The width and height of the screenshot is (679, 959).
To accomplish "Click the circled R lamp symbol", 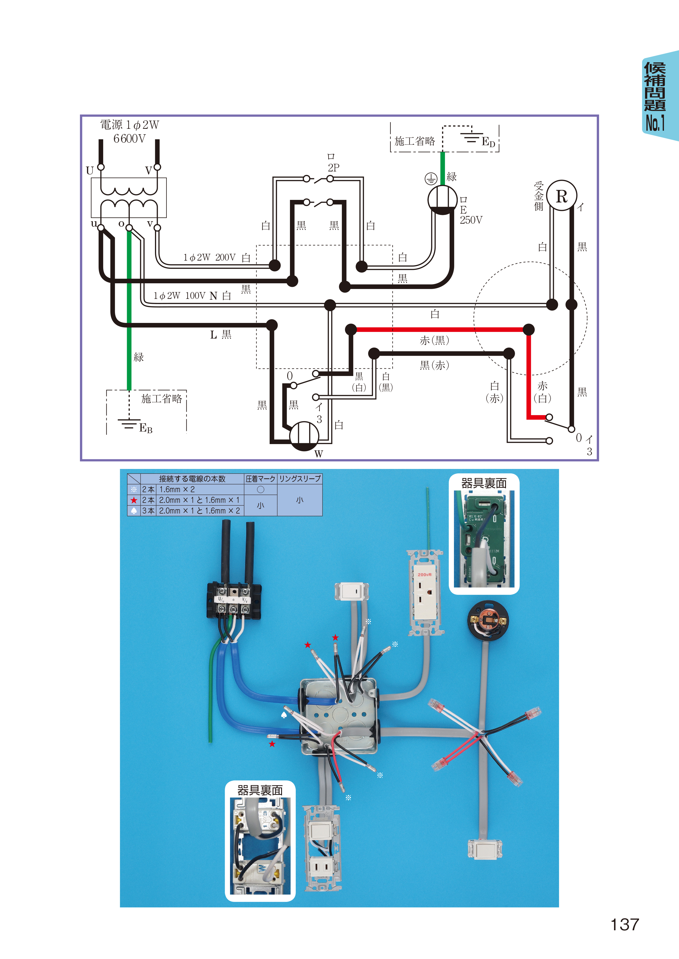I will [562, 196].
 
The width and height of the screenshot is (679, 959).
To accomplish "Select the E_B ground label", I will [145, 428].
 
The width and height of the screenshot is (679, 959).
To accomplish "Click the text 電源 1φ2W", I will [130, 124].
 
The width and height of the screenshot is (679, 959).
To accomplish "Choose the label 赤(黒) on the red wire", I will [435, 340].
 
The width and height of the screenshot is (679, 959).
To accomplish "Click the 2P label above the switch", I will [333, 168].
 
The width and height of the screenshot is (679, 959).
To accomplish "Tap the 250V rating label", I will [471, 220].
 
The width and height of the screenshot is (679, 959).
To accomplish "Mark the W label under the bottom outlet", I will [319, 454].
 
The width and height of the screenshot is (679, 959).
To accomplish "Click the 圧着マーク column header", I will [260, 479].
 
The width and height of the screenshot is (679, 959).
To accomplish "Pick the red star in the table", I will [134, 500].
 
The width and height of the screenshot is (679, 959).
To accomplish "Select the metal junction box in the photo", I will [339, 717].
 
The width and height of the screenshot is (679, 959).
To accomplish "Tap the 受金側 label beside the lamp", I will [539, 196].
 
